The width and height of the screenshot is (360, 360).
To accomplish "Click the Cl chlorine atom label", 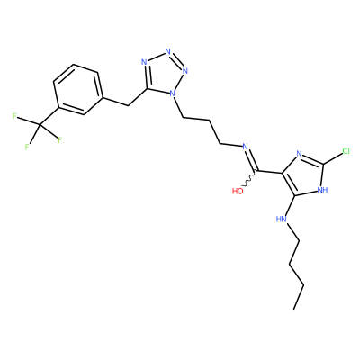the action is (346, 151).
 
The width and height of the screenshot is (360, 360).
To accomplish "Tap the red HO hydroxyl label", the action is (238, 192).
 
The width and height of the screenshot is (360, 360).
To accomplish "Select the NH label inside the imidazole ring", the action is (322, 190).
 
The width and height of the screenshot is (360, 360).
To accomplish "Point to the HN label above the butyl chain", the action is (281, 220).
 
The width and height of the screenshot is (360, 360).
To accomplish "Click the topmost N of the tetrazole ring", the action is (168, 51).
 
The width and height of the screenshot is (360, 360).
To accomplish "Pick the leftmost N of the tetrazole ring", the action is (144, 62).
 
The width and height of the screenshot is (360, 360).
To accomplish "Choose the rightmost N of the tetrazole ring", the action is (185, 71).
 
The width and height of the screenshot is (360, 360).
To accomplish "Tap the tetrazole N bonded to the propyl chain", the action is (172, 94).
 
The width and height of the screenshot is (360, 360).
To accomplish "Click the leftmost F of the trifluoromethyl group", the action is (14, 116).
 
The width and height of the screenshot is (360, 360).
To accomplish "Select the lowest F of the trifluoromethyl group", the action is (27, 147).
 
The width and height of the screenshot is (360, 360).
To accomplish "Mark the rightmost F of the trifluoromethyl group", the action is (59, 139).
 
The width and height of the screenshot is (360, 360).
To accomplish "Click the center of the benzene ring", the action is (77, 89).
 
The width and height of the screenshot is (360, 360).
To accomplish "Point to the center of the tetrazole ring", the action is (163, 74).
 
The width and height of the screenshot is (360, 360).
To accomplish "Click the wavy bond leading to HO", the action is (248, 180).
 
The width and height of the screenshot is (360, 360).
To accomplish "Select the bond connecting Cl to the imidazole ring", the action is (332, 158).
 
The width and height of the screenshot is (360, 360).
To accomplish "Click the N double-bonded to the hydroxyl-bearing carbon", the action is (245, 147).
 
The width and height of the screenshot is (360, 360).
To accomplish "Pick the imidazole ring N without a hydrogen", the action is (299, 154).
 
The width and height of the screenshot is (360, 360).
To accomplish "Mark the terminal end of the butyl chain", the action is (294, 309).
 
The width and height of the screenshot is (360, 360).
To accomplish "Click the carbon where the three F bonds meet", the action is (40, 124).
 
